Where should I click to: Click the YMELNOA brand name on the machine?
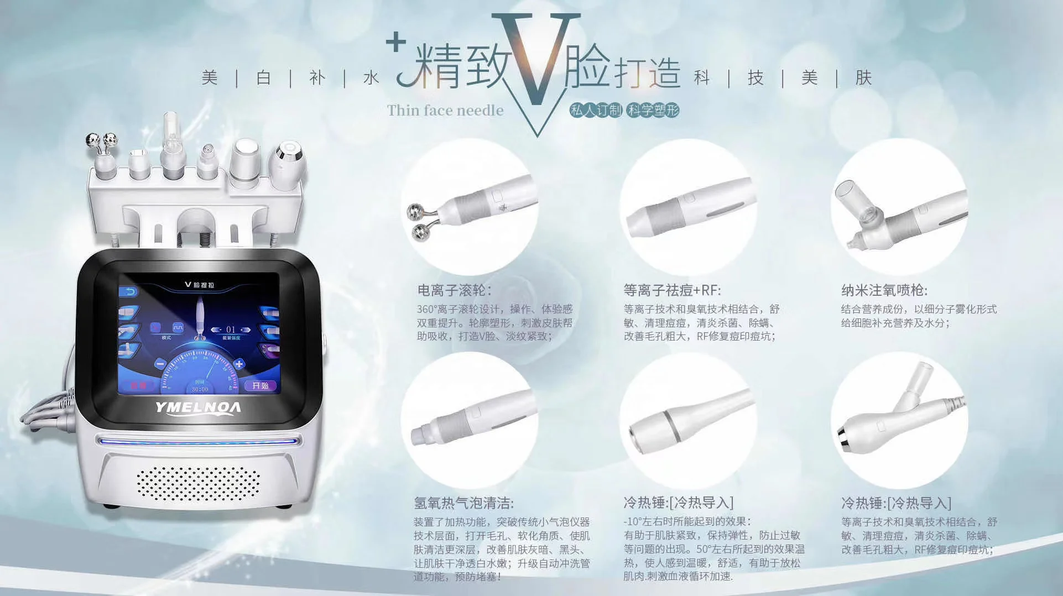tap(198, 408)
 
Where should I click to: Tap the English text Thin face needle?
tap(445, 111)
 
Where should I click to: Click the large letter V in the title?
tap(535, 61)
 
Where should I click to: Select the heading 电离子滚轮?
tap(454, 290)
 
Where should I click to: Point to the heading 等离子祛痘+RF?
tap(672, 290)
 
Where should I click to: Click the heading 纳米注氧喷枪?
tap(884, 290)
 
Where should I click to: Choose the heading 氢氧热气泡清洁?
tap(463, 503)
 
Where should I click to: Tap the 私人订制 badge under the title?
tap(596, 110)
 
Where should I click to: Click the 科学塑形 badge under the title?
tap(653, 110)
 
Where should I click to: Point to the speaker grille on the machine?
tap(197, 483)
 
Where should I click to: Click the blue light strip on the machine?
tap(197, 441)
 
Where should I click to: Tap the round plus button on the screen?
tap(239, 364)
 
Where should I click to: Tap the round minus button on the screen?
tap(160, 364)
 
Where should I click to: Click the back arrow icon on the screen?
tap(129, 291)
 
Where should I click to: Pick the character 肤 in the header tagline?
tap(863, 77)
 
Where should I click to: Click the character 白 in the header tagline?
tap(263, 77)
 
